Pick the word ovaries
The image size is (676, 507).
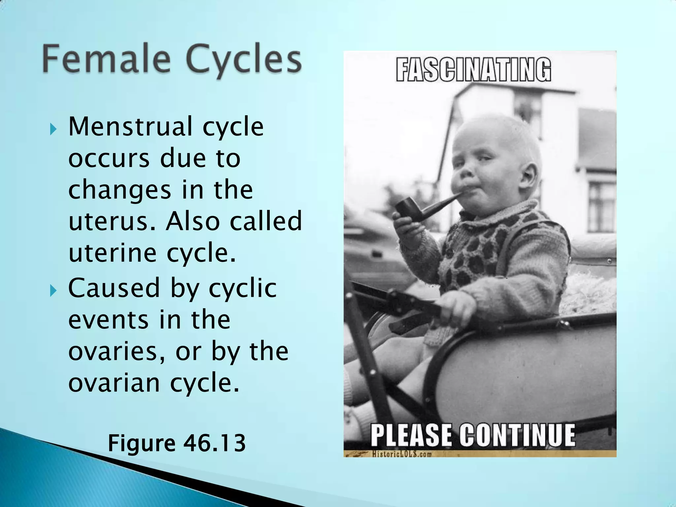pyautogui.click(x=117, y=351)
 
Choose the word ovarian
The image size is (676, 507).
pyautogui.click(x=114, y=383)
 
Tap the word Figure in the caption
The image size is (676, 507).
pyautogui.click(x=142, y=444)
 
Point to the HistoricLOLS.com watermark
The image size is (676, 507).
pyautogui.click(x=402, y=454)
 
